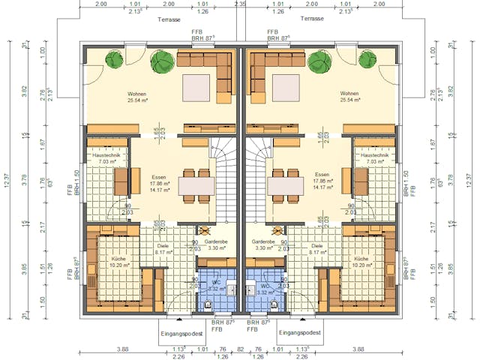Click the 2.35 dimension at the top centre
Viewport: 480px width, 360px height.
tap(240, 4)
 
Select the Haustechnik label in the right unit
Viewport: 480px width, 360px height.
tap(370, 154)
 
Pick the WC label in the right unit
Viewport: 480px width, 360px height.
tap(265, 286)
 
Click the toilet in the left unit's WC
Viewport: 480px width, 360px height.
tap(209, 303)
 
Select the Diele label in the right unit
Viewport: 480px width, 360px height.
tap(317, 245)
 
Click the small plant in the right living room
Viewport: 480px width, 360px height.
tap(367, 59)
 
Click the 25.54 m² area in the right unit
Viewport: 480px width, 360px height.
tap(352, 100)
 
